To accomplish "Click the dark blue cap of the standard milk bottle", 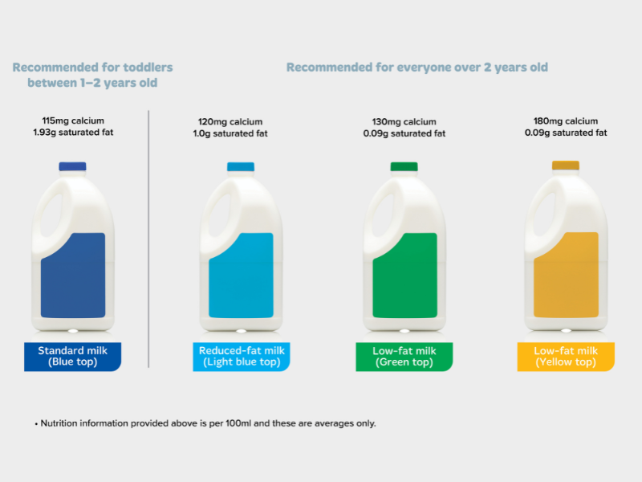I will click(x=72, y=166).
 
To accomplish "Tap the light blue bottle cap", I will click(x=240, y=166).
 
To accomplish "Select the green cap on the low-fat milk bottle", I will click(x=404, y=166).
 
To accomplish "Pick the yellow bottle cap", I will click(x=565, y=165).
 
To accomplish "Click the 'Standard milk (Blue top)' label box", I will click(x=73, y=357).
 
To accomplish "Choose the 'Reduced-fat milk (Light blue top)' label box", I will click(x=242, y=357).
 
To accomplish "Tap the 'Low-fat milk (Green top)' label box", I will click(x=404, y=357).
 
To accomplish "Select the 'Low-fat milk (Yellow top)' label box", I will click(x=566, y=357).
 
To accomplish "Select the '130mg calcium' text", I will click(x=404, y=122).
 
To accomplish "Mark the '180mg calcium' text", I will click(x=566, y=121).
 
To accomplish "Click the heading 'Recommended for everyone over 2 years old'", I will click(x=417, y=67).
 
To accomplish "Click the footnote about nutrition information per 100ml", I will click(x=205, y=423).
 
